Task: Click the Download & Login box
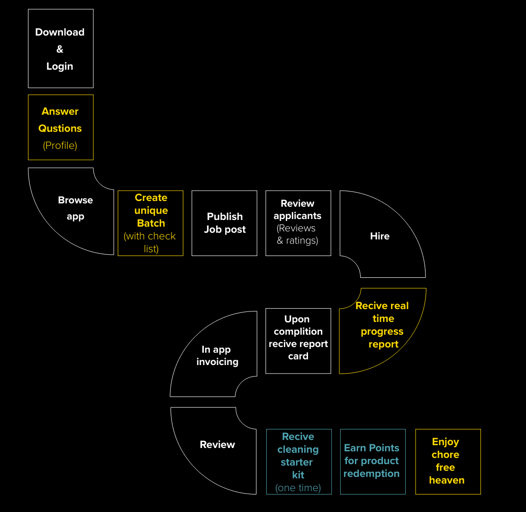click(x=61, y=48)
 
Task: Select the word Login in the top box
click(x=60, y=66)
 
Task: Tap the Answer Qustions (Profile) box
click(x=61, y=128)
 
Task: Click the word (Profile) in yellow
click(x=60, y=146)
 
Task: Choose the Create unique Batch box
click(x=151, y=223)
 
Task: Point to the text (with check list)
click(x=150, y=242)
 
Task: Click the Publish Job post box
click(x=225, y=223)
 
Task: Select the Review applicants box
click(x=298, y=223)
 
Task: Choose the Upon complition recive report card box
click(x=298, y=341)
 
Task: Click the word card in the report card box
click(x=298, y=356)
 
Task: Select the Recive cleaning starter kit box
click(x=299, y=462)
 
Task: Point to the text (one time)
click(x=298, y=488)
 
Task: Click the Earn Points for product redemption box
click(x=372, y=462)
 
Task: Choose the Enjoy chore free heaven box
click(x=448, y=462)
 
